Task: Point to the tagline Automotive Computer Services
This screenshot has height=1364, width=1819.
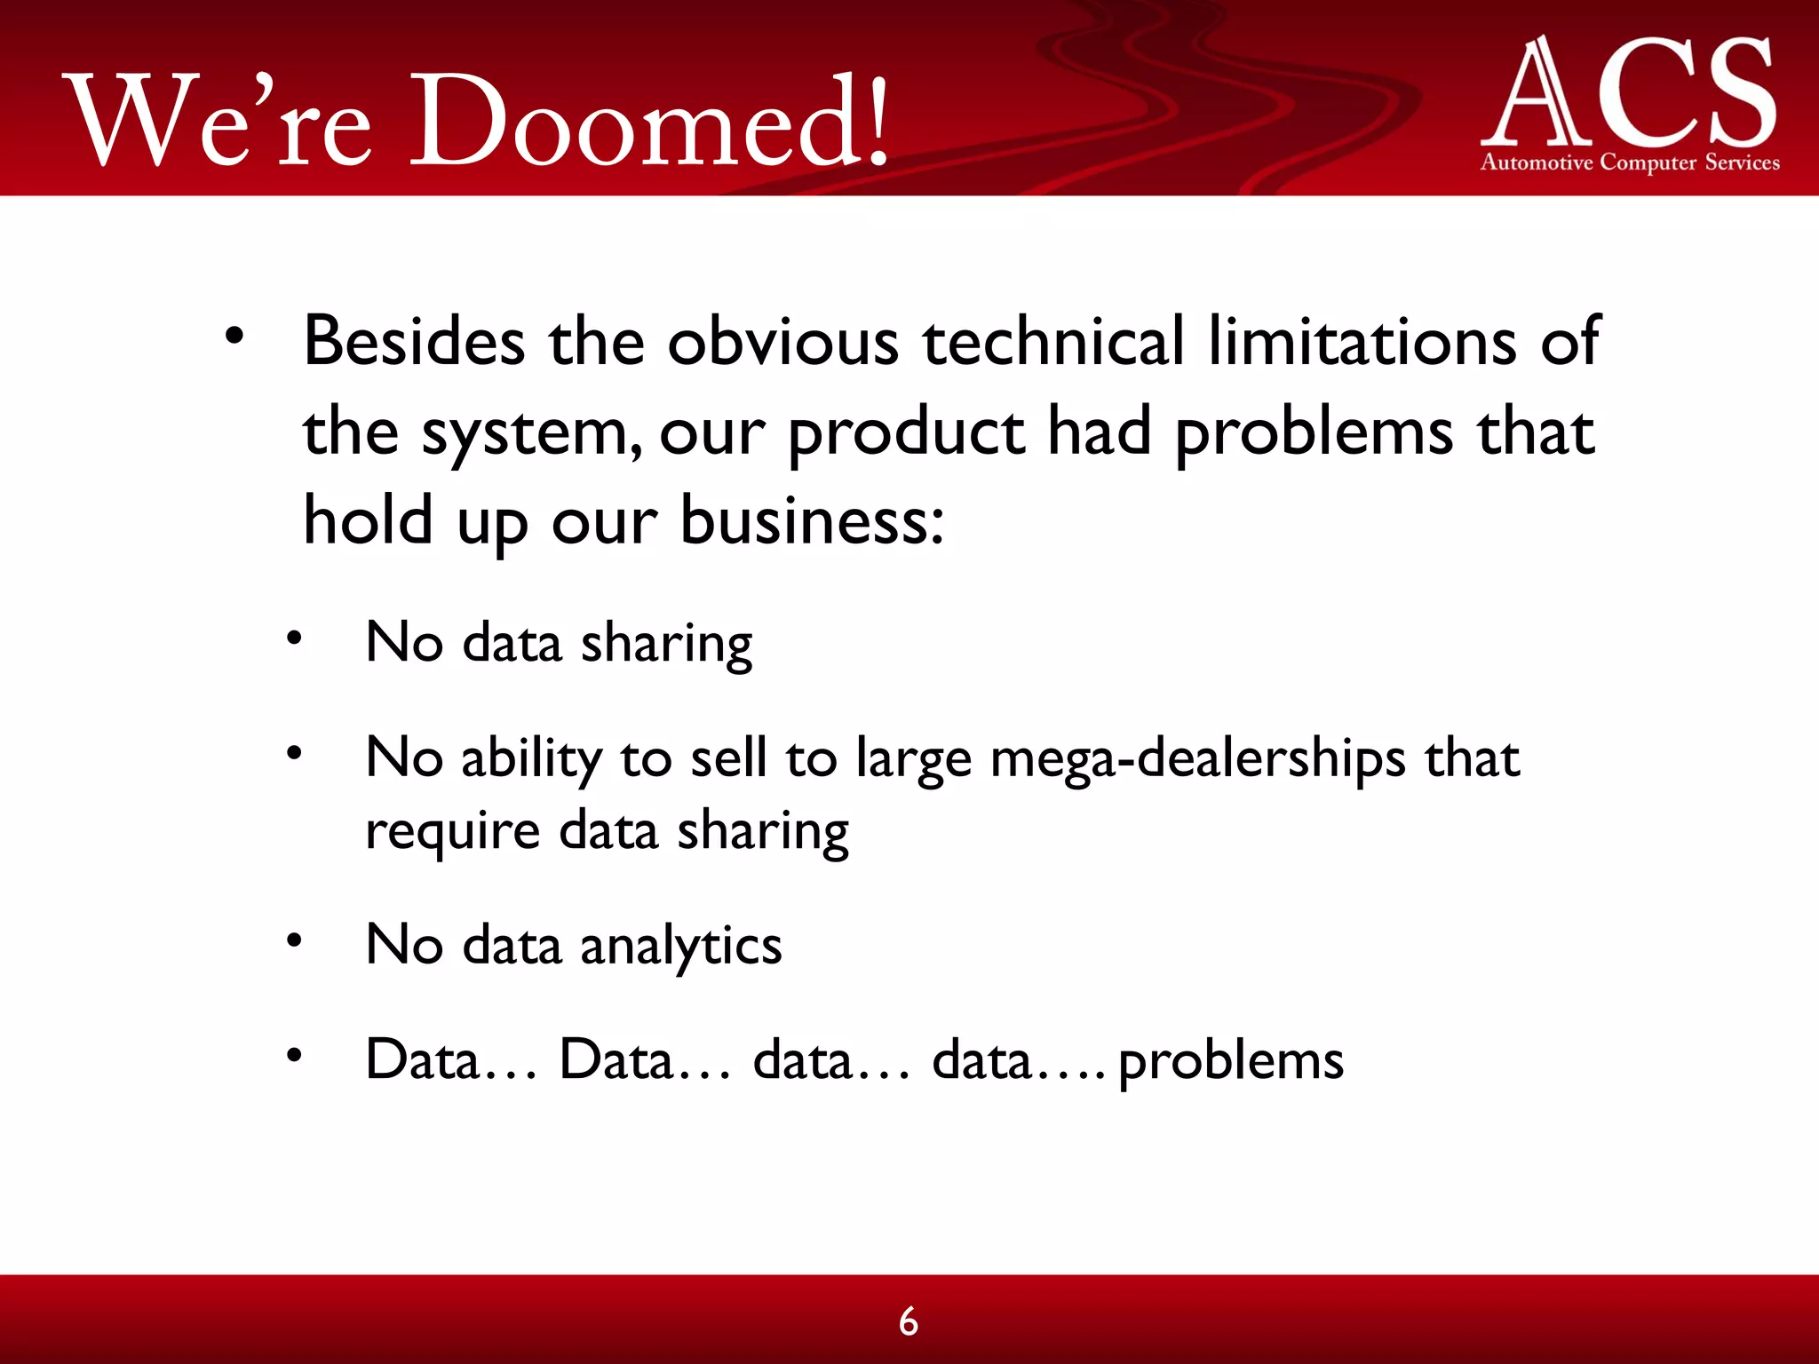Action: [x=1630, y=163]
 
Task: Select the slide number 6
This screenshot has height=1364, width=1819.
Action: [x=908, y=1321]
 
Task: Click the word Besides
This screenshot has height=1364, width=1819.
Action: [x=414, y=341]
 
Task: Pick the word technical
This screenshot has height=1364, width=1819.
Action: [x=1053, y=341]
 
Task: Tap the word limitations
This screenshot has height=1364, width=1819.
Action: [x=1362, y=341]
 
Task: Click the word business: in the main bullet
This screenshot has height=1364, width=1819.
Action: [x=812, y=521]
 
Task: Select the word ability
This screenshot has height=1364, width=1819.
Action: [x=530, y=760]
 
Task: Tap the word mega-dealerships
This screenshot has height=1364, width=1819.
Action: [x=1197, y=760]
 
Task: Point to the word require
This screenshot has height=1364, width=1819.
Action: [x=452, y=833]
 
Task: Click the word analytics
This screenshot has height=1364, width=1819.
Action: [x=680, y=945]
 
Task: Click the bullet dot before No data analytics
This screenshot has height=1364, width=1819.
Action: [x=294, y=940]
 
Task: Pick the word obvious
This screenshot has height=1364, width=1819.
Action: [x=782, y=341]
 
